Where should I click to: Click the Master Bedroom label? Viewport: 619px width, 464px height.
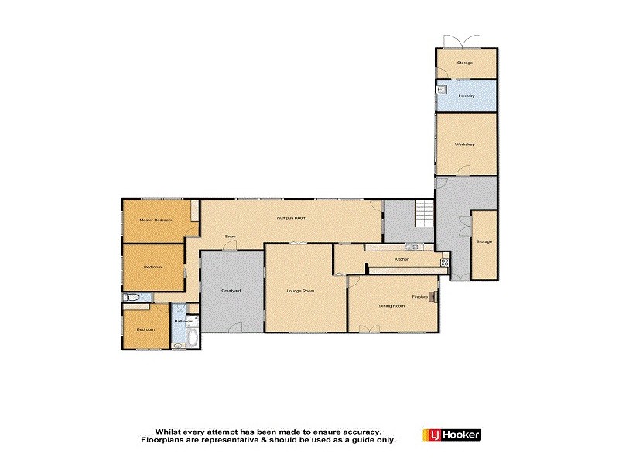156,220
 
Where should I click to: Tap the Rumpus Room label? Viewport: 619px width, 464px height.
292,218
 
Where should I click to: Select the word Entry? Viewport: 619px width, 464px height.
230,237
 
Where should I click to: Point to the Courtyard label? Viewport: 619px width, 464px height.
231,290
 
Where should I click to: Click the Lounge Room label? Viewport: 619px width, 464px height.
300,290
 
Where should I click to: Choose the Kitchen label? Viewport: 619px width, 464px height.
402,259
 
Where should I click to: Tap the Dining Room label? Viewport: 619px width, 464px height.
392,305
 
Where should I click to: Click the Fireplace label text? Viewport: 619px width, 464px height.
420,296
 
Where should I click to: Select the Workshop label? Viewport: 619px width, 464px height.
464,145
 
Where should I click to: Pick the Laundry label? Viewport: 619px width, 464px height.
466,96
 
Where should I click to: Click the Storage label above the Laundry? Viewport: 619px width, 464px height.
464,63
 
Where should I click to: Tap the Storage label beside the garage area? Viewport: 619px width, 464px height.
484,242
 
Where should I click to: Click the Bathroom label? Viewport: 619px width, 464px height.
183,320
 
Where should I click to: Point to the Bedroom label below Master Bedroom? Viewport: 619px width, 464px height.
152,267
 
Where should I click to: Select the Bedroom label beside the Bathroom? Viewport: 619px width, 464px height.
146,329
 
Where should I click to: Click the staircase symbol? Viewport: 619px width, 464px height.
423,213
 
